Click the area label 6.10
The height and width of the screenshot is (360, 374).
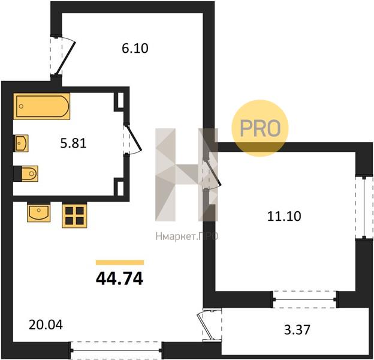135,49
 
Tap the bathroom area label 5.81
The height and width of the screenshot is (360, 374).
73,144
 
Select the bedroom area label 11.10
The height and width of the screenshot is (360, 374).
284,216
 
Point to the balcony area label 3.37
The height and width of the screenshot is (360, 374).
297,329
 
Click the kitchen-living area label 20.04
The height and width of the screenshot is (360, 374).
46,325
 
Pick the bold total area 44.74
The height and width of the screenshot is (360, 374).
119,278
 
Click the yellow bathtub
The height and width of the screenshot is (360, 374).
42,106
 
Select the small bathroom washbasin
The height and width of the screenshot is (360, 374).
22,143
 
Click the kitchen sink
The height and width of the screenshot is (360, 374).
38,212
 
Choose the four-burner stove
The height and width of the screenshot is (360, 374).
74,215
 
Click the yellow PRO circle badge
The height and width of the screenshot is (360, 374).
260,128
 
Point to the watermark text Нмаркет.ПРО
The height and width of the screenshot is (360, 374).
187,236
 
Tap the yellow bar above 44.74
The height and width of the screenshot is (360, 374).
120,262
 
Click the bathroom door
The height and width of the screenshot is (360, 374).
132,139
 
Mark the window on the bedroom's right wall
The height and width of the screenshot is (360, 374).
364,207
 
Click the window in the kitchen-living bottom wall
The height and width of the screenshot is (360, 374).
116,350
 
